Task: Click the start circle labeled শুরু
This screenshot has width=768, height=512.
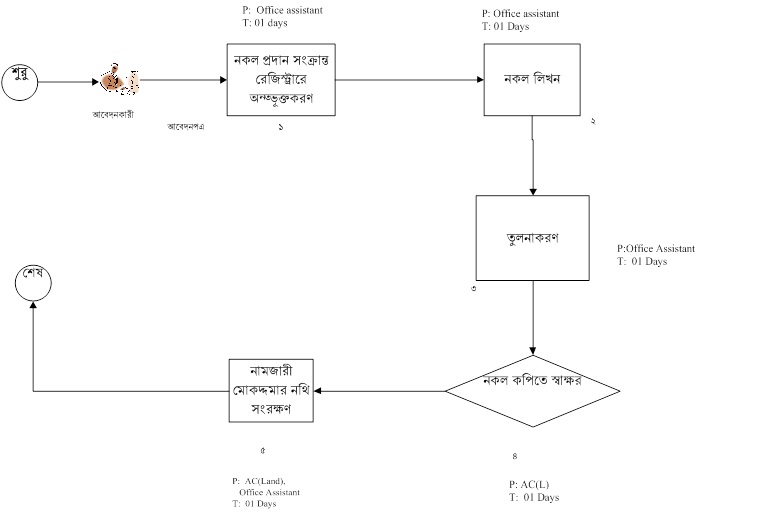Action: tap(19, 80)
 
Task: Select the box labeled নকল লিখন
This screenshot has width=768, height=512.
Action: tap(531, 80)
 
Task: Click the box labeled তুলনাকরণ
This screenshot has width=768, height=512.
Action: tap(532, 238)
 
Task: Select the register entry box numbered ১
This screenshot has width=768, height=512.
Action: tap(280, 80)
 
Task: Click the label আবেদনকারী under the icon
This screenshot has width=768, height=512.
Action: tap(114, 114)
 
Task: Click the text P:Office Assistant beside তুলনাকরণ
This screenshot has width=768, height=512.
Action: tap(656, 248)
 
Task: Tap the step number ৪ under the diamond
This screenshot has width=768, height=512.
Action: tap(514, 457)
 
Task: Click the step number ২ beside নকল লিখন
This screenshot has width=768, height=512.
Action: tap(594, 121)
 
